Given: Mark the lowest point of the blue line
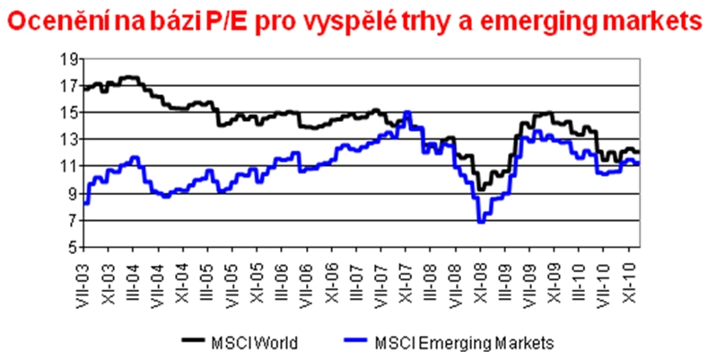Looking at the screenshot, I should point(482,221).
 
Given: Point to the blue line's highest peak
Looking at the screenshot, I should point(408,112).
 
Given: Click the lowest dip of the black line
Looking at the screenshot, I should point(481,189).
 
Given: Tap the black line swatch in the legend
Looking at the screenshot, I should point(194,341).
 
